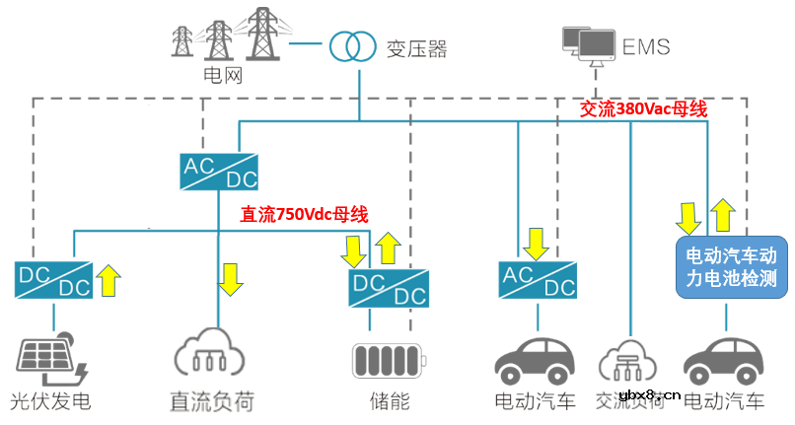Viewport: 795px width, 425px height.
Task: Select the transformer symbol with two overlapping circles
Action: click(x=351, y=45)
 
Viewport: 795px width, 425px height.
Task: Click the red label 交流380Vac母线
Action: click(x=644, y=109)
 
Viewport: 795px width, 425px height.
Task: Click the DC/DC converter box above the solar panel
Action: click(x=53, y=280)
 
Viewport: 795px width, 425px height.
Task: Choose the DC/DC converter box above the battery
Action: click(x=388, y=286)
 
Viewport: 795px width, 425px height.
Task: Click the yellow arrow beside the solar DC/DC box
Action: click(x=109, y=280)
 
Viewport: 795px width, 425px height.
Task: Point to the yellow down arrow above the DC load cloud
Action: click(x=231, y=278)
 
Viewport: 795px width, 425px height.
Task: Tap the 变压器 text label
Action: click(x=413, y=48)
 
